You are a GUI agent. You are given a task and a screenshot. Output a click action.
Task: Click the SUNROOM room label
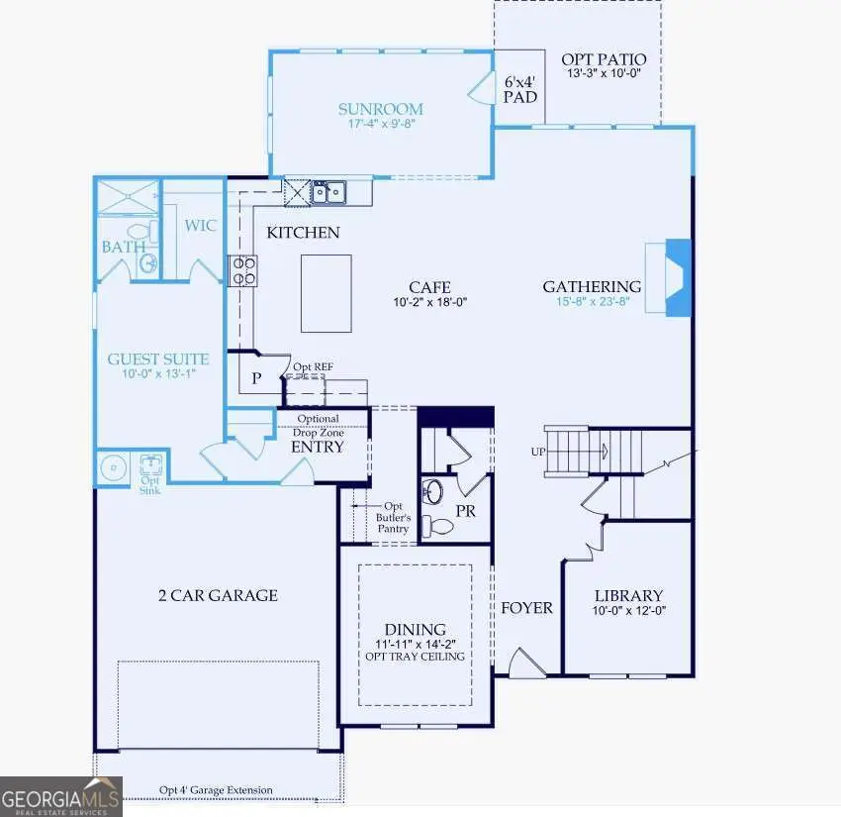(380, 109)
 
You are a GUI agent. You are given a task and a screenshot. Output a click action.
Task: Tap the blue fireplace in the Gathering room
(678, 277)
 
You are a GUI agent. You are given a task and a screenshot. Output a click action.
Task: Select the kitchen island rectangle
(327, 293)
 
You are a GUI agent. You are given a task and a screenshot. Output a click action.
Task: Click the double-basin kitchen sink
(328, 191)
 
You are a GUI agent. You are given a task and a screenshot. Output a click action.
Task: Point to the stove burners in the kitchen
(243, 270)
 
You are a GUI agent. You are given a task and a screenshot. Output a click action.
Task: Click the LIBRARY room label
(628, 595)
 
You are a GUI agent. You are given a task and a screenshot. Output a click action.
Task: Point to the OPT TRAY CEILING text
(415, 657)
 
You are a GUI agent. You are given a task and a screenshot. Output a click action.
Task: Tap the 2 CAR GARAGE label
(218, 595)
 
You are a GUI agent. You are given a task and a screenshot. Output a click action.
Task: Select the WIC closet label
(200, 226)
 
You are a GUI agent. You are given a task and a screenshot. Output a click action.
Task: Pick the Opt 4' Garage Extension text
(216, 790)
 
